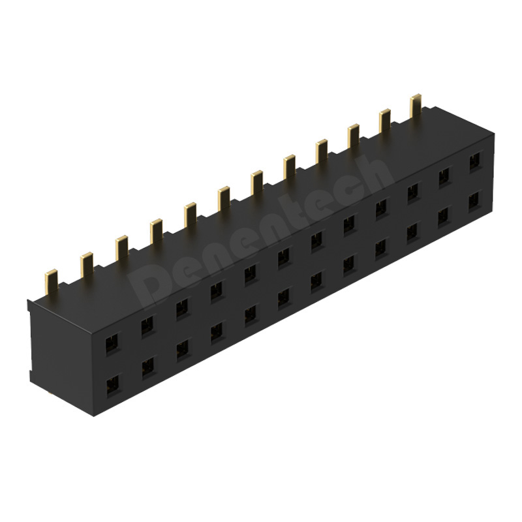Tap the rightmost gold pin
click(x=416, y=105)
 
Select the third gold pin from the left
click(x=122, y=248)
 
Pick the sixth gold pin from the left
click(x=224, y=199)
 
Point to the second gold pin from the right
click(x=384, y=120)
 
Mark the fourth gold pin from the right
click(x=322, y=151)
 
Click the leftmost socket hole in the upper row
click(x=113, y=344)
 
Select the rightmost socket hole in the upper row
click(x=475, y=162)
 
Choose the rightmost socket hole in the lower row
click(x=474, y=200)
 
